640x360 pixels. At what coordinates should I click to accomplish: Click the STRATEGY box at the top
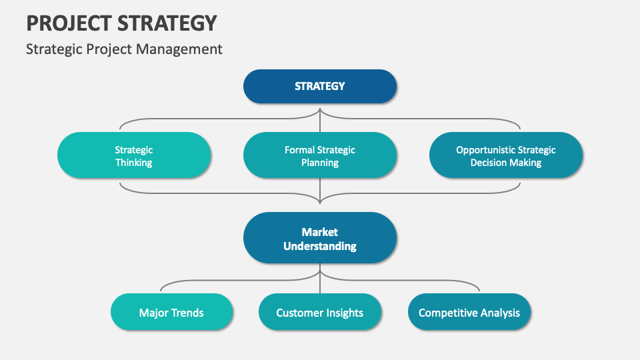[320, 86]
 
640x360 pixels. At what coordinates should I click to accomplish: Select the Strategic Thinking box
[134, 155]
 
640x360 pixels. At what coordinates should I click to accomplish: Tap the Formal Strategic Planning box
[320, 155]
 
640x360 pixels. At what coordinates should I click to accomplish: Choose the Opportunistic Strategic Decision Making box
[506, 155]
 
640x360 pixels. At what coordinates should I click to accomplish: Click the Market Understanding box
[320, 238]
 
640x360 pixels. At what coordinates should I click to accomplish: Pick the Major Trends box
[171, 312]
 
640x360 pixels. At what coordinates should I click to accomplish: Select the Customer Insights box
[320, 312]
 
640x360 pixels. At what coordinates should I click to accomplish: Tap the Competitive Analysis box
[469, 312]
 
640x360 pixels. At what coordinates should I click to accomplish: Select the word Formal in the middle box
[299, 150]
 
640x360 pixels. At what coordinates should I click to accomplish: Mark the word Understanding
[320, 246]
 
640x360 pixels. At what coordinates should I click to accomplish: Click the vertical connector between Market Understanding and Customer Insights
[320, 283]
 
